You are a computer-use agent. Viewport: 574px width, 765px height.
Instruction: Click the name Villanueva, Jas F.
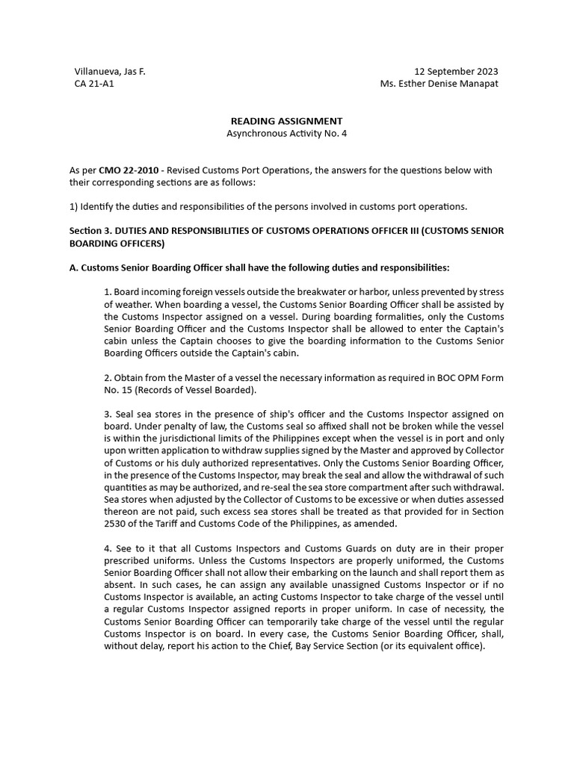pos(109,71)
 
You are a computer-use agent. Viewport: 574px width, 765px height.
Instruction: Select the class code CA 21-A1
pos(94,84)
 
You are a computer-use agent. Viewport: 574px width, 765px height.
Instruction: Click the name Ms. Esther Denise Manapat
pos(439,84)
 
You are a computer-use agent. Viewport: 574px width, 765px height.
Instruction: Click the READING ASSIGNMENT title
pos(286,121)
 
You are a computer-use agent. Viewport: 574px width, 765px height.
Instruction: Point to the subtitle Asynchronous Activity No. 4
pos(286,134)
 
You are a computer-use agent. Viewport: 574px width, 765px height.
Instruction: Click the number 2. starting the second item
pos(108,377)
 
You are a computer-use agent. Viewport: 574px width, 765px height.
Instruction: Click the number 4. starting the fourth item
pos(108,548)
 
